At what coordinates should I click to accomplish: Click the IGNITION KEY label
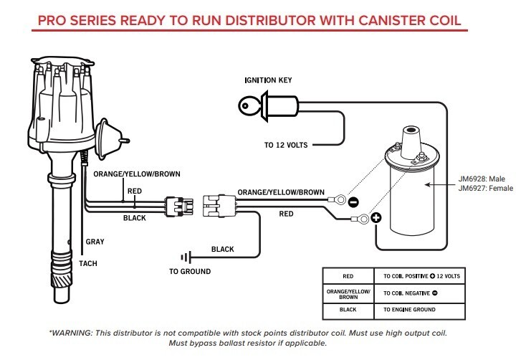tap(269, 80)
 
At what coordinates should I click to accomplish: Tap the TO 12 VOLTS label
tap(286, 145)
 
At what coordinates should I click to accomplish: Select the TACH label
tap(88, 263)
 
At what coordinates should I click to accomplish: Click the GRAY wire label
tap(95, 242)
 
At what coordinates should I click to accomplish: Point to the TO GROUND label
tap(190, 272)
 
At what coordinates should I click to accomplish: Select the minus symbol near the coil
tap(353, 202)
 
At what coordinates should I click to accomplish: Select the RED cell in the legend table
tap(348, 276)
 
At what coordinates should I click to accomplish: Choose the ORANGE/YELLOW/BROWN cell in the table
tap(348, 293)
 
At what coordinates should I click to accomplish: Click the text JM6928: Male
tap(488, 181)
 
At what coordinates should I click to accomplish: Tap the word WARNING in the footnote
tap(74, 333)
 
